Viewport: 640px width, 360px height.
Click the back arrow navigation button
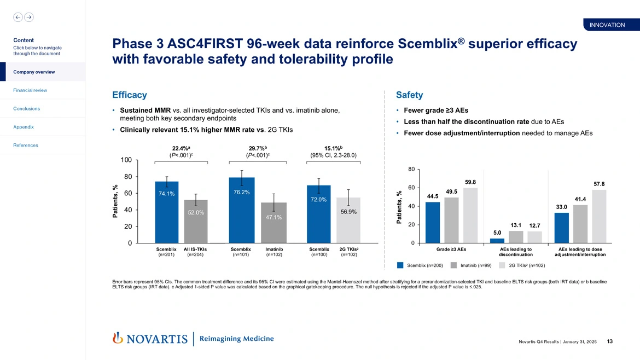point(18,17)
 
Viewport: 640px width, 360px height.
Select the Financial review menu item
point(30,90)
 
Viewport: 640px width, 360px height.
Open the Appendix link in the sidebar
point(24,127)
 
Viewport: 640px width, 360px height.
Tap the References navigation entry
point(26,146)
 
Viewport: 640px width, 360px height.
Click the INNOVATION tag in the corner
point(607,25)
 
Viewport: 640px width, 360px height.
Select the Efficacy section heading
point(129,95)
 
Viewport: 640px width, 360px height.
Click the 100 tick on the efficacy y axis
point(126,160)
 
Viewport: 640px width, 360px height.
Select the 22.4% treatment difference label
point(181,147)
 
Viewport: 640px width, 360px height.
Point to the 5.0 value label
point(497,233)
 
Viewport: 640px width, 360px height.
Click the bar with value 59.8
point(470,216)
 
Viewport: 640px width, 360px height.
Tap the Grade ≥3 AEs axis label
point(451,249)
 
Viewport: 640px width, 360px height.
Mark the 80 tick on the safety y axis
point(411,169)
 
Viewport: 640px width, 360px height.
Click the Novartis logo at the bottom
point(149,339)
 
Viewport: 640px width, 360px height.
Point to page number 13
point(610,342)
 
